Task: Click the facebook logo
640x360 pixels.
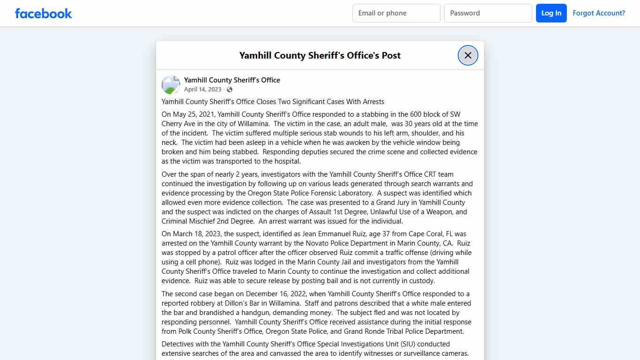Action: pos(44,13)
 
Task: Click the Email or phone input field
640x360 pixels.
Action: pos(396,13)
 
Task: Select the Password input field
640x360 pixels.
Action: pos(488,13)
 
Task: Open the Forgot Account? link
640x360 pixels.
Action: pos(599,13)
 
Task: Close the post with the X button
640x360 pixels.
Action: pos(468,55)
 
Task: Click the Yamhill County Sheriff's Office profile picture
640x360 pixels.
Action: pos(171,85)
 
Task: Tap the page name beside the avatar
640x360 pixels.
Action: pos(232,80)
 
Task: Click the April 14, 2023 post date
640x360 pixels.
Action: pos(202,90)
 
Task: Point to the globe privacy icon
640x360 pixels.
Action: pos(230,90)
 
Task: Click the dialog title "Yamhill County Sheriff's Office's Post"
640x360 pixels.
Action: pos(320,55)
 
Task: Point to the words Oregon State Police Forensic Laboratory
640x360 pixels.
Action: pos(311,193)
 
